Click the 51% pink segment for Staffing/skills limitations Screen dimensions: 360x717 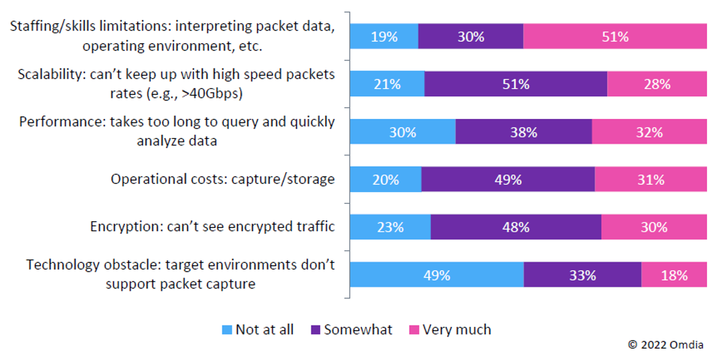[x=615, y=37]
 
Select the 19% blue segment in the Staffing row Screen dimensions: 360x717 [x=384, y=37]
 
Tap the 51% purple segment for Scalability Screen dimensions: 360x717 [x=516, y=84]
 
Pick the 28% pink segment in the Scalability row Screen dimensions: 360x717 [x=657, y=84]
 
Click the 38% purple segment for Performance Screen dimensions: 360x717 [x=524, y=132]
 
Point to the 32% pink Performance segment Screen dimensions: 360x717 [x=649, y=132]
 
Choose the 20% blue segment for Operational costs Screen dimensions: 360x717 [x=386, y=179]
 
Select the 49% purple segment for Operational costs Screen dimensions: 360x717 [x=508, y=179]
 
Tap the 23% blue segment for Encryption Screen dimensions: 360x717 [x=390, y=227]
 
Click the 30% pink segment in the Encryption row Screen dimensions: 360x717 [x=654, y=227]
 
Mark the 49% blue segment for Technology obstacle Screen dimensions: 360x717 [x=437, y=275]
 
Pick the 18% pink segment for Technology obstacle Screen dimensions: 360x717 [x=674, y=275]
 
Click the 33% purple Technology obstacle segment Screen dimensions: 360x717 [x=582, y=275]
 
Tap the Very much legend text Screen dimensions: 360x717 [x=457, y=329]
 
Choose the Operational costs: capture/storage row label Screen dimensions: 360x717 [x=222, y=179]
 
